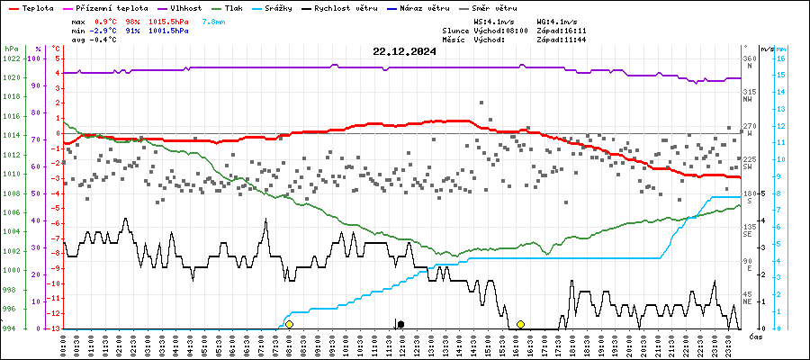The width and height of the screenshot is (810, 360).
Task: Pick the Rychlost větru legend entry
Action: pyautogui.click(x=346, y=8)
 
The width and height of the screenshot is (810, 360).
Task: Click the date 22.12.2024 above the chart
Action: pyautogui.click(x=404, y=51)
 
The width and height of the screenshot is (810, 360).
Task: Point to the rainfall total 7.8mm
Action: pyautogui.click(x=213, y=20)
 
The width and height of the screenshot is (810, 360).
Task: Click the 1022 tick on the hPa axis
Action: pyautogui.click(x=11, y=58)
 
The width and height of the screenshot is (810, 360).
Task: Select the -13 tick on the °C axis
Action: pyautogui.click(x=56, y=328)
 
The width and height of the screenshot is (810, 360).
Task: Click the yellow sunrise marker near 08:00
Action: pyautogui.click(x=289, y=324)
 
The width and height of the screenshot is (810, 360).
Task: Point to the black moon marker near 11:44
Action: pyautogui.click(x=400, y=324)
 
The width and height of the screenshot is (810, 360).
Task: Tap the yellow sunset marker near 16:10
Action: pyautogui.click(x=520, y=324)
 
